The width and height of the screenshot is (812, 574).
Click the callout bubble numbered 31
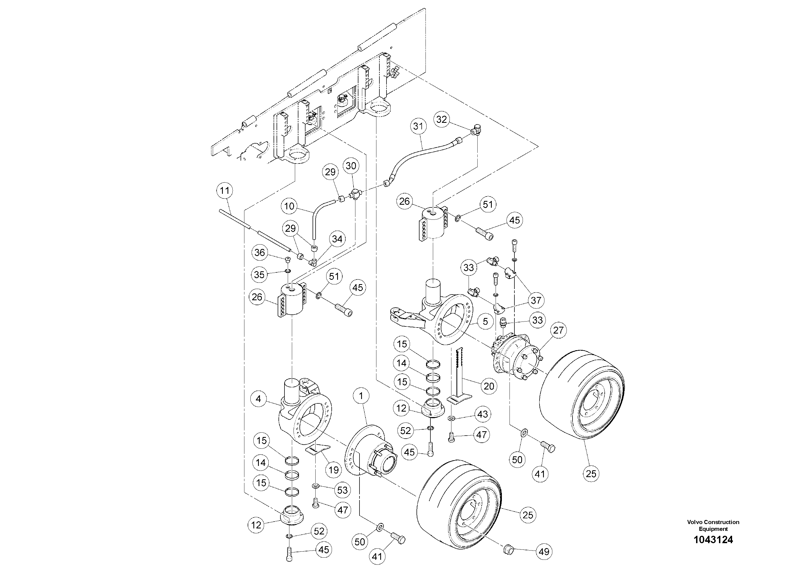[x=418, y=126]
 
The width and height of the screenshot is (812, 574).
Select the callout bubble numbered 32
[x=441, y=119]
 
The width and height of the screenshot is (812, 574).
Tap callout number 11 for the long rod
[x=224, y=191]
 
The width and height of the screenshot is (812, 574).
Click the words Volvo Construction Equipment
[x=713, y=525]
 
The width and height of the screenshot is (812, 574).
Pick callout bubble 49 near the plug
[x=544, y=552]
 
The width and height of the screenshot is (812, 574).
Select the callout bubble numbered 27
[x=558, y=331]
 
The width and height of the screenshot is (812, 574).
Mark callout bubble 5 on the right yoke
[x=485, y=321]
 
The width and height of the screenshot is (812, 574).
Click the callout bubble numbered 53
[x=342, y=490]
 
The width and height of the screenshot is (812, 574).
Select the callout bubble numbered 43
[x=483, y=414]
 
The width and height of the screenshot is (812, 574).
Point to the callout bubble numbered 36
[x=260, y=253]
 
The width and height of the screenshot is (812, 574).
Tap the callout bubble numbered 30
[x=350, y=166]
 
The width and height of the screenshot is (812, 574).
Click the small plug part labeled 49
[x=508, y=550]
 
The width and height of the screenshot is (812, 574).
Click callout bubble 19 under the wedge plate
[x=334, y=470]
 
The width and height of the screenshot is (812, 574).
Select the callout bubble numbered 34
[x=337, y=239]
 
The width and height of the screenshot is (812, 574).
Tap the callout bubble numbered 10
[x=290, y=206]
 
